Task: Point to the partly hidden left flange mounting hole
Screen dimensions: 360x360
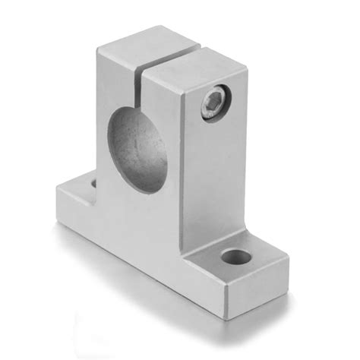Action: pos(93,183)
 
